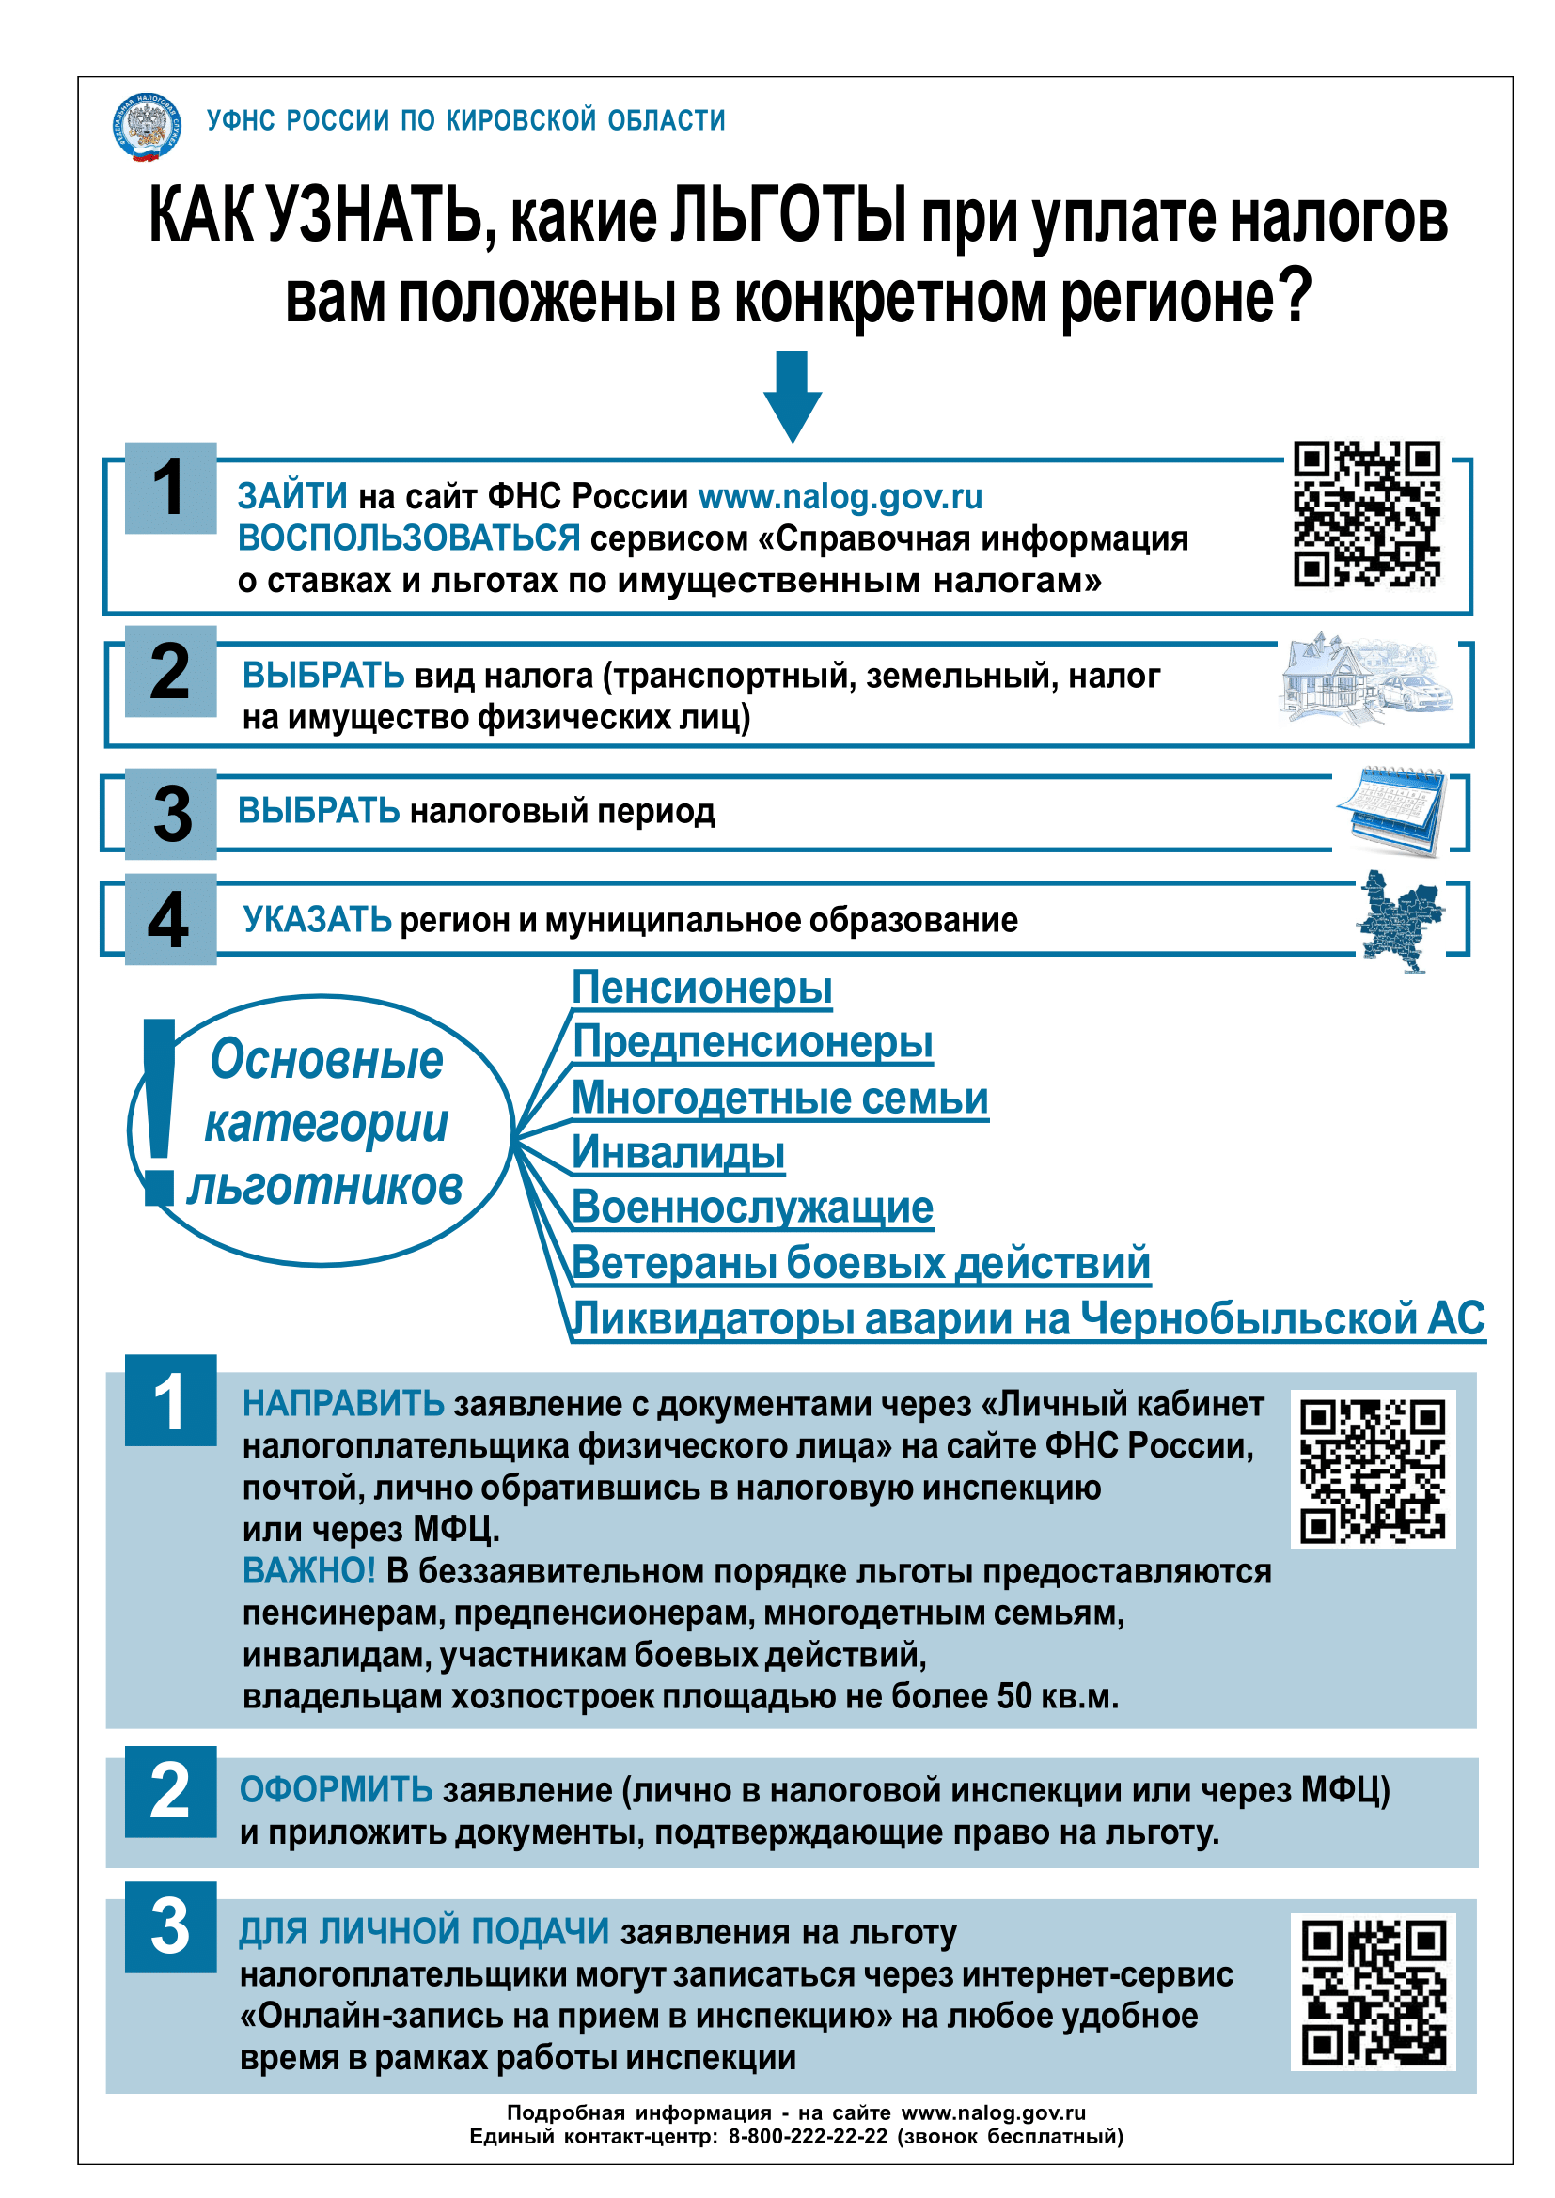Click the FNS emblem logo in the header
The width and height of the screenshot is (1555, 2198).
click(146, 126)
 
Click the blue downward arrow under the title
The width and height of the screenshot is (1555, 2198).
click(792, 396)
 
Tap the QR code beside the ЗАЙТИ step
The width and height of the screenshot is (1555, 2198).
click(1366, 514)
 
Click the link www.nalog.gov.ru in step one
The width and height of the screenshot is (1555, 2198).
click(840, 497)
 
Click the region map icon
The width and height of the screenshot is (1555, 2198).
click(1399, 920)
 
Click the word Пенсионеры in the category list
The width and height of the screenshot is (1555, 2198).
click(702, 987)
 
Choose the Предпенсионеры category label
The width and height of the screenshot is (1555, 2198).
click(753, 1041)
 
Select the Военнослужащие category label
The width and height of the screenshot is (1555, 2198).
click(753, 1208)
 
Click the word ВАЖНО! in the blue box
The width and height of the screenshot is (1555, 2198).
click(308, 1571)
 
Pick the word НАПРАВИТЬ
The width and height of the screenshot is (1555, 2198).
click(343, 1403)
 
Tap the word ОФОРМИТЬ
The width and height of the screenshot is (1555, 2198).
click(336, 1789)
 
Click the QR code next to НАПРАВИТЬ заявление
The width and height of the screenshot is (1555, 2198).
click(1372, 1470)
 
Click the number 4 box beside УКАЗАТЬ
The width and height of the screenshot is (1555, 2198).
click(170, 920)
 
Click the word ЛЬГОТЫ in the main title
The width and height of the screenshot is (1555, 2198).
click(787, 216)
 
